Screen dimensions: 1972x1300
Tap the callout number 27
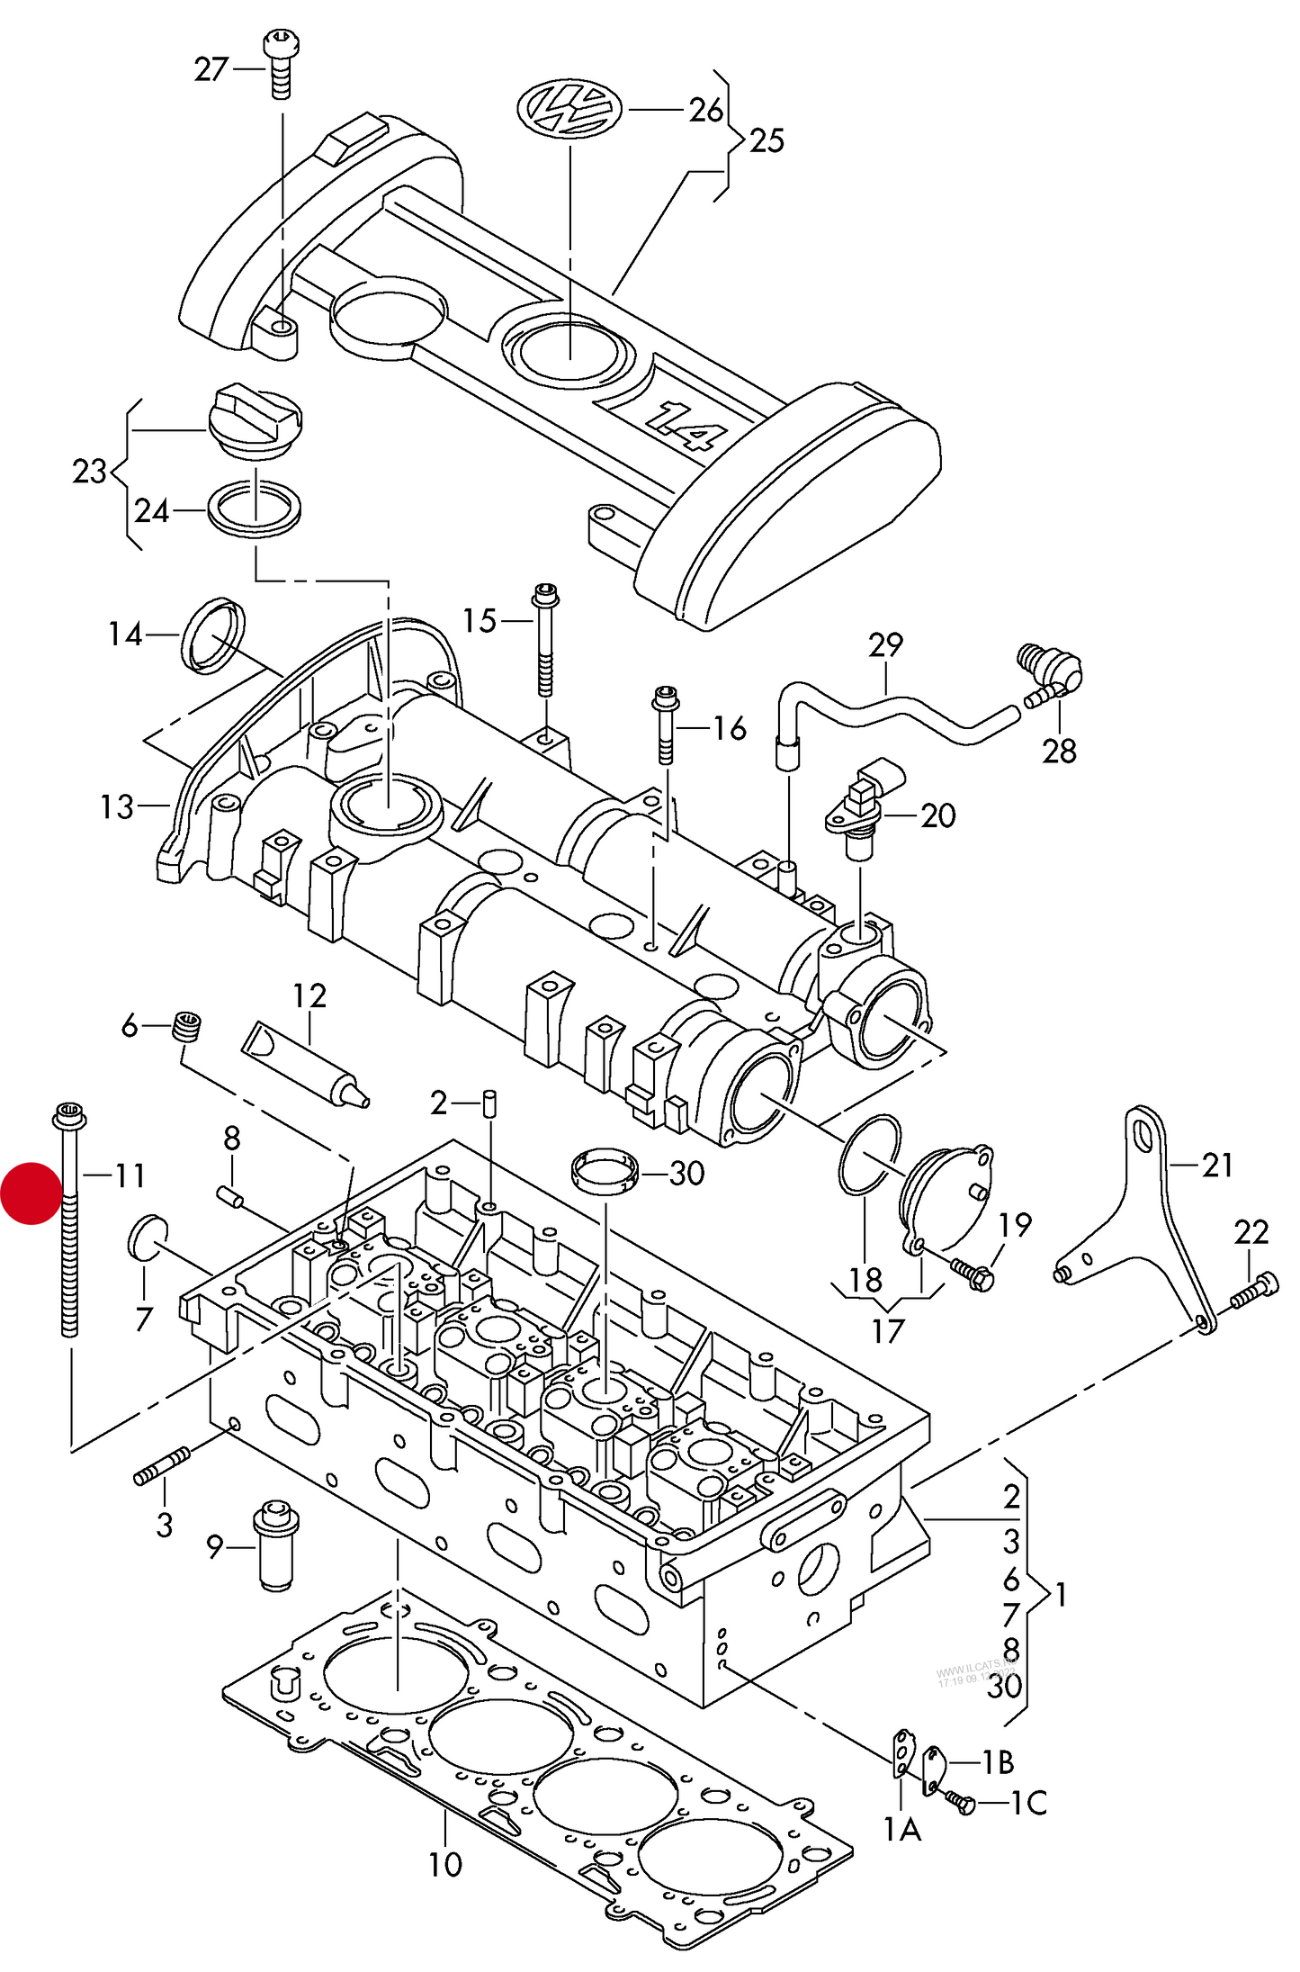[x=211, y=69]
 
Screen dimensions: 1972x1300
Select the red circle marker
[x=31, y=1193]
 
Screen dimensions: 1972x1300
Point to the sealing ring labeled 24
[x=255, y=509]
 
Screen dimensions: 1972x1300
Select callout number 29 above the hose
[x=885, y=644]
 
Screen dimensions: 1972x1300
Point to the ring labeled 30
[x=605, y=1170]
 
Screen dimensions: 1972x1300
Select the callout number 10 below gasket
[x=444, y=1864]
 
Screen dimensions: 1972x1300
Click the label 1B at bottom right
[x=997, y=1761]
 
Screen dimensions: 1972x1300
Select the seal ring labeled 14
[x=213, y=635]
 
